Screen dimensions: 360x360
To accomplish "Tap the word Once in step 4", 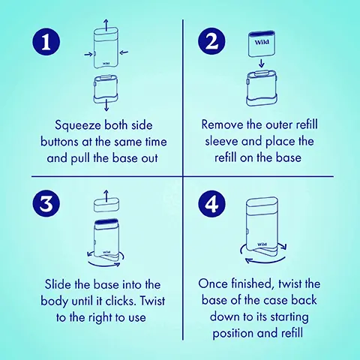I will tap(218, 285).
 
